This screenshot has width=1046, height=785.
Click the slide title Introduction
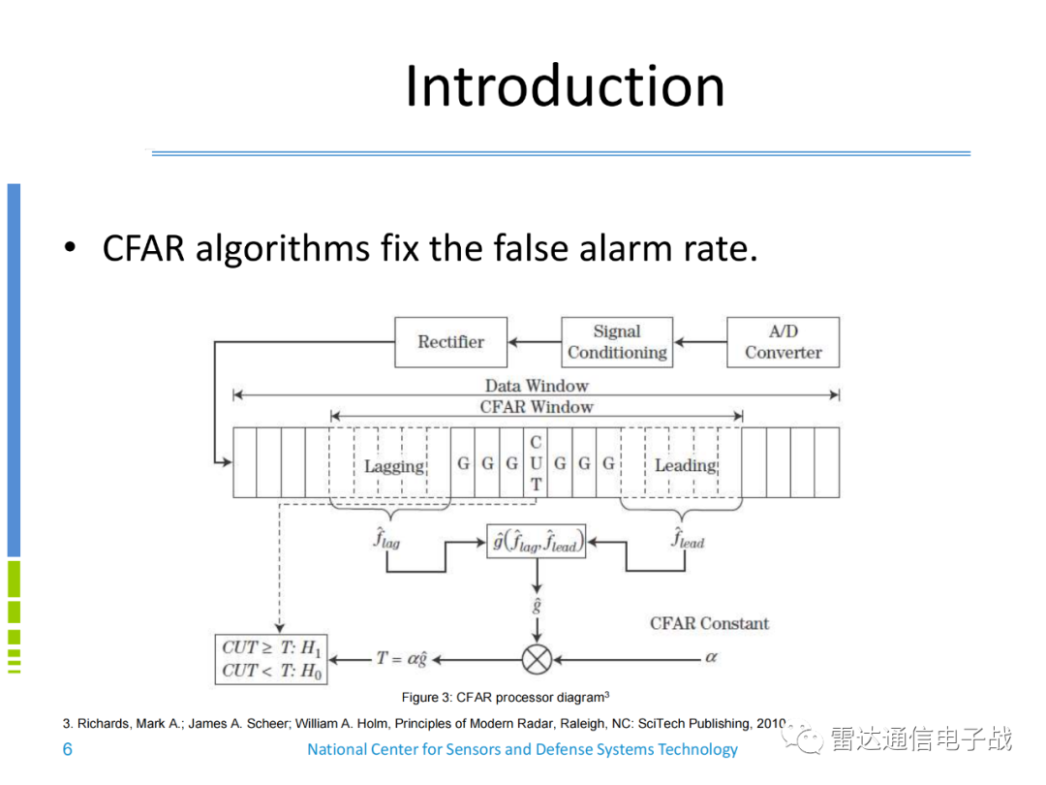point(565,85)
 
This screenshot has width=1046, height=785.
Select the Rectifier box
point(450,341)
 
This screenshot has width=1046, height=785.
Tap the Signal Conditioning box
point(617,342)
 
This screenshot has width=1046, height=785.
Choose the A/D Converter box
point(783,342)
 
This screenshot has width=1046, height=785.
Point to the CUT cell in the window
point(536,463)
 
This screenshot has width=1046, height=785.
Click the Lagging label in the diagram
point(393,466)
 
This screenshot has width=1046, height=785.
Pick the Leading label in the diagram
point(685,465)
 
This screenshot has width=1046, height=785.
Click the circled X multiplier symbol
point(537,659)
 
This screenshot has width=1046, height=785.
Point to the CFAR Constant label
point(709,623)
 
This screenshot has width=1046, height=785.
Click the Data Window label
point(537,386)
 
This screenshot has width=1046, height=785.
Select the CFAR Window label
point(537,407)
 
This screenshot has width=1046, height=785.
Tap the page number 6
point(67,749)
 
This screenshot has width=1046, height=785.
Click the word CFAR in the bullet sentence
point(143,248)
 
